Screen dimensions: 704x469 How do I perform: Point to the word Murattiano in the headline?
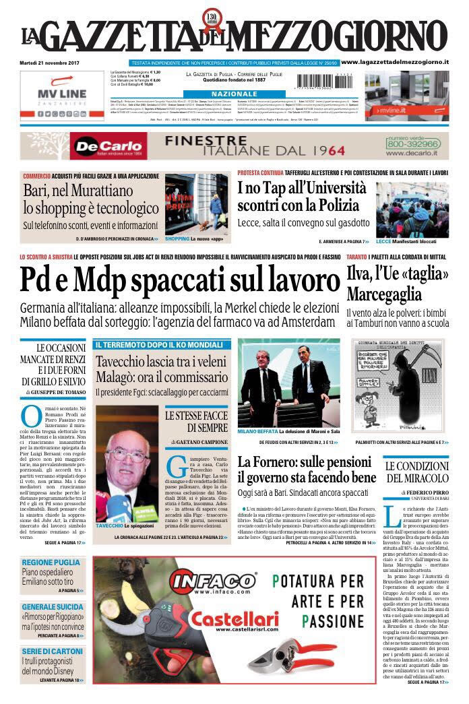(115, 191)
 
